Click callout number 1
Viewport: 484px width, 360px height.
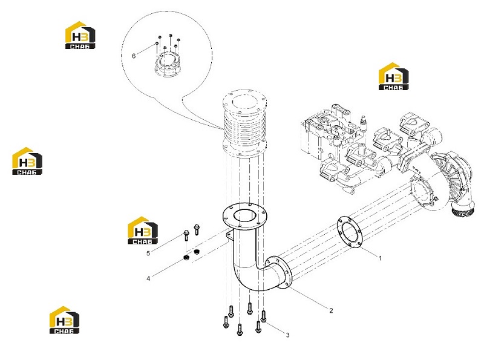(x=381, y=258)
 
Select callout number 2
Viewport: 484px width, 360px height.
(x=331, y=310)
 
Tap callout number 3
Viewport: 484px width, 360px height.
(x=288, y=335)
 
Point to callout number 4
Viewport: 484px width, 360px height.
(x=148, y=278)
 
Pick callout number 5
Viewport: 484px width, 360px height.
(x=148, y=253)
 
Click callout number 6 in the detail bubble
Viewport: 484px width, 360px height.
(x=134, y=56)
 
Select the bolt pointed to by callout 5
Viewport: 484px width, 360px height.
(x=186, y=235)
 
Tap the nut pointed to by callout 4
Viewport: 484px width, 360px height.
(x=186, y=258)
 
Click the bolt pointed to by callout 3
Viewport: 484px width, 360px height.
(x=264, y=316)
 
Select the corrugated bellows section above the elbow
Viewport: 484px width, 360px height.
(x=244, y=123)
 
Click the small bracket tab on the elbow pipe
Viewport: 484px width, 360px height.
(x=229, y=235)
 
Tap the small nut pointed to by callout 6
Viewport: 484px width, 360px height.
(x=157, y=44)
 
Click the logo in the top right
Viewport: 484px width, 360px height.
(x=394, y=77)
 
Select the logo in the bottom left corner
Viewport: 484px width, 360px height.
(x=64, y=320)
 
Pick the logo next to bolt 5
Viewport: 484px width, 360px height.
(x=143, y=231)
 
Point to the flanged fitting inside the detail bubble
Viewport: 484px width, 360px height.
(x=166, y=64)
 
